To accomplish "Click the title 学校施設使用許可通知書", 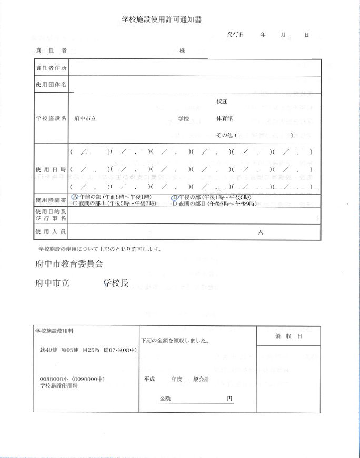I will coord(162,19).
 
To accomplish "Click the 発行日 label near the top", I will coord(235,34).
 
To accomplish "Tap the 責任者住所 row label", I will coord(51,68).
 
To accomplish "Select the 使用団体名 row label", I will coord(51,85).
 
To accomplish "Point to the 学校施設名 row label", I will coord(51,118).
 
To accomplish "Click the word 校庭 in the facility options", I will coord(222,101).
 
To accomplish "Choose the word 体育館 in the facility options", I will coord(224,118).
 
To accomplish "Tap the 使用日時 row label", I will coord(51,169).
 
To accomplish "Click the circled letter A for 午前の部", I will coord(75,197).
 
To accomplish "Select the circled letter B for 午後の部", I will coord(175,197).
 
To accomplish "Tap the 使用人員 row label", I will coord(51,231).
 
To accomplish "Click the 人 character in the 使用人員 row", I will coord(260,232).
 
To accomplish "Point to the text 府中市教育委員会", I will coord(68,263).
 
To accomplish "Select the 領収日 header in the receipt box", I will coord(288,336).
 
